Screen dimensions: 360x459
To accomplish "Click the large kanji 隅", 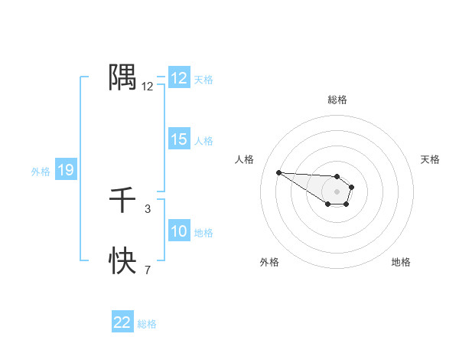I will click(x=122, y=76).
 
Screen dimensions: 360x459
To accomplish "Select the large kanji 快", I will click(x=122, y=261).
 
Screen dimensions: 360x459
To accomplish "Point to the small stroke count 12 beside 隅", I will click(x=148, y=87).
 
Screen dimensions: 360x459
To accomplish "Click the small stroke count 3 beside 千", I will click(x=148, y=208).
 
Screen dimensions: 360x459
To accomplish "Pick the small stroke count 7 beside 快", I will click(x=148, y=270).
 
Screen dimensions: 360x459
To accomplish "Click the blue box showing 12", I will click(x=179, y=79).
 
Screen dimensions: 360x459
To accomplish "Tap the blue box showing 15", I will click(x=179, y=139).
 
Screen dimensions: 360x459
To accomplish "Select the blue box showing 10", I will click(x=179, y=231).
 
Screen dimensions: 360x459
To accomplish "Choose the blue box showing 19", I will click(x=66, y=170).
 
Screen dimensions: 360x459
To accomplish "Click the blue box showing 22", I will click(x=122, y=322).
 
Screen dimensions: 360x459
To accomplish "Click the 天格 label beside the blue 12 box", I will click(x=203, y=80).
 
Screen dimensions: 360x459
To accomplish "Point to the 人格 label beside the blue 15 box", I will click(x=203, y=141).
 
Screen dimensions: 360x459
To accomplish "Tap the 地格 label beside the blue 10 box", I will click(x=203, y=233).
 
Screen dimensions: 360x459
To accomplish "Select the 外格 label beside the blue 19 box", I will click(x=41, y=172).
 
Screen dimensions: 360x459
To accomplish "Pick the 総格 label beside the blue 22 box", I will click(x=147, y=324).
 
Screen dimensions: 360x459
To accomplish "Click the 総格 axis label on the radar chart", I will click(x=337, y=100).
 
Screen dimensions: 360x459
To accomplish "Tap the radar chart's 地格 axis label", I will click(x=401, y=262).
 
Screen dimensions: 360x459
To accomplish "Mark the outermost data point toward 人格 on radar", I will click(x=279, y=172).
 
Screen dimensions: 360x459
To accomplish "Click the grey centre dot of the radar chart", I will click(x=337, y=191).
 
